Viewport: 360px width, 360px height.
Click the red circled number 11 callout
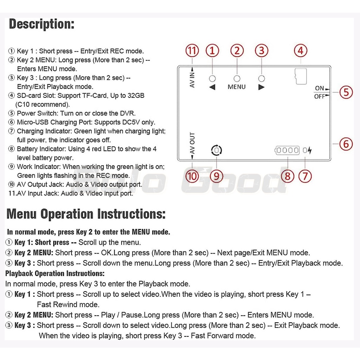click(192, 51)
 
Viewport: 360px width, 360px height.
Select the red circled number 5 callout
click(346, 92)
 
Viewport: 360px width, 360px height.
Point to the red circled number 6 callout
click(346, 144)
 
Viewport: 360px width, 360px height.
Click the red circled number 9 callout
click(217, 175)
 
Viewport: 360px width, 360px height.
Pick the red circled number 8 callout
click(288, 175)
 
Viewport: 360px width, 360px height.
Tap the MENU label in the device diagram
click(237, 86)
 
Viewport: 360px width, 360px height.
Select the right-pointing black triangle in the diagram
click(261, 87)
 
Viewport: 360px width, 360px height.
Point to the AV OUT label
click(192, 143)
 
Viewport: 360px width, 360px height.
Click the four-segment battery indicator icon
click(287, 151)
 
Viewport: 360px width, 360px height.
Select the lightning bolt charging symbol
click(309, 151)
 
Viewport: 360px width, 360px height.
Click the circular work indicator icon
click(217, 151)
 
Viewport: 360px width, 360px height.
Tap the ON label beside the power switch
click(320, 88)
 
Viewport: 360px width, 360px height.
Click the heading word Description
click(41, 24)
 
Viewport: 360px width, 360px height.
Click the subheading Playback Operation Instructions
click(54, 274)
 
